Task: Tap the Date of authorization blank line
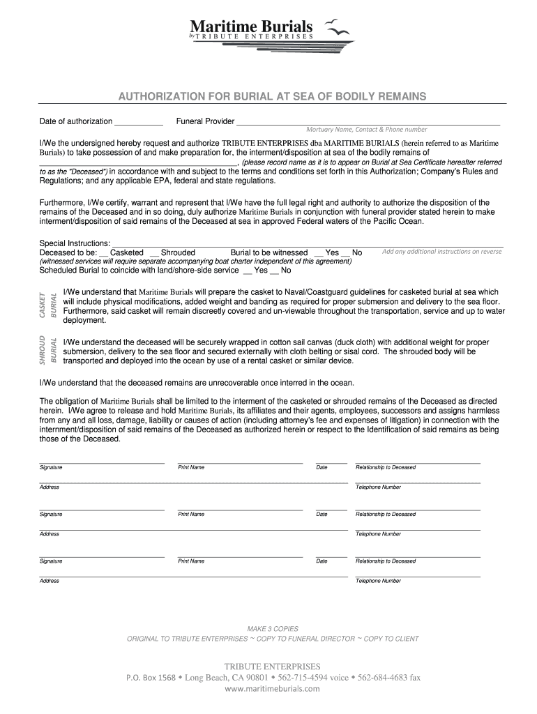coord(138,123)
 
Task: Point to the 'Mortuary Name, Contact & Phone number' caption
coord(367,130)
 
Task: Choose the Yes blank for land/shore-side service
coord(248,271)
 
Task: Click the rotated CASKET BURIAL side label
coord(48,305)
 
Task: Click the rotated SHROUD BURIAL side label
coord(48,350)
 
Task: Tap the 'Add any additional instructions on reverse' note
coord(441,252)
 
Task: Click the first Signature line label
coord(51,467)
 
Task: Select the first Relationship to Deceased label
coord(385,467)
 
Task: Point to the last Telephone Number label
coord(378,581)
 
